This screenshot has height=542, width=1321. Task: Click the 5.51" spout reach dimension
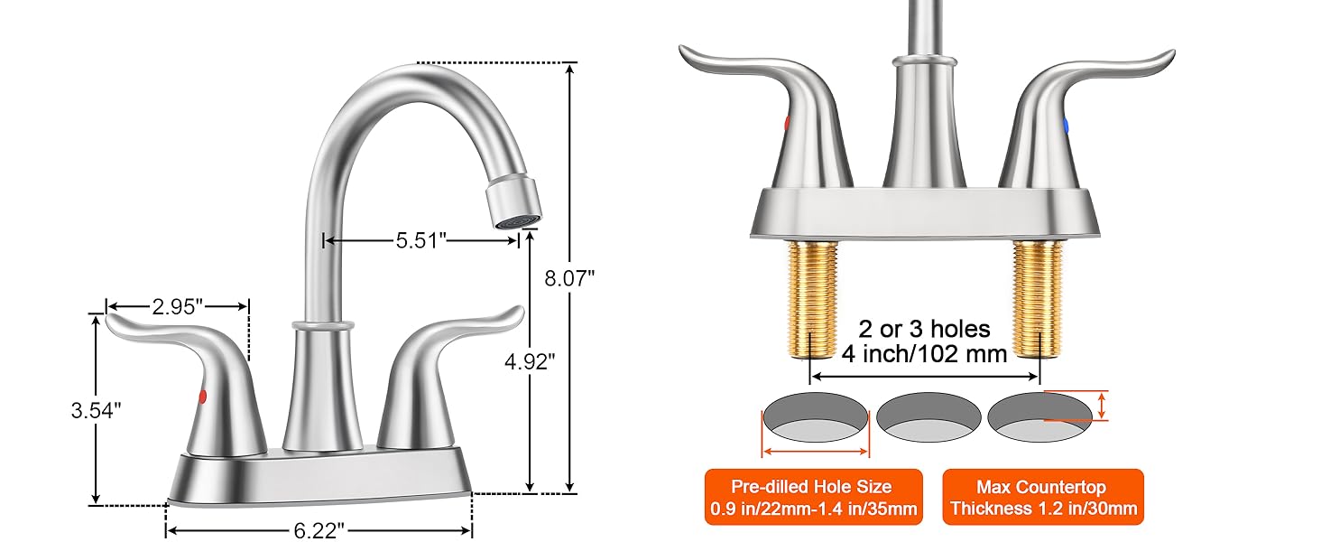point(420,240)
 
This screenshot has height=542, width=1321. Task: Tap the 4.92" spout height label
point(530,361)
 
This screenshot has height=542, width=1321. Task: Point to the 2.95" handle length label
point(177,306)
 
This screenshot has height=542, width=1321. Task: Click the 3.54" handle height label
point(96,410)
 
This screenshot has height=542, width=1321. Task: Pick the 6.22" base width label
point(319,530)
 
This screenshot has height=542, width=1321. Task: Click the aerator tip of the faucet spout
point(514,204)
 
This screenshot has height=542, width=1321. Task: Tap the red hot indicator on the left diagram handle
point(201,396)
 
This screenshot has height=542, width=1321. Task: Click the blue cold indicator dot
point(1066,126)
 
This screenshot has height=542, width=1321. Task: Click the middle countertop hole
point(928,415)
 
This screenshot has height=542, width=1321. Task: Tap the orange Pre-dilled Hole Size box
point(812,497)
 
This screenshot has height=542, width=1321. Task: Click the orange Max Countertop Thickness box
point(1043,497)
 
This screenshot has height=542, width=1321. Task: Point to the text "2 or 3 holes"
point(924,329)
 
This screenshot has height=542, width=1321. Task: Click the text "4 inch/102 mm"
point(924,353)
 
